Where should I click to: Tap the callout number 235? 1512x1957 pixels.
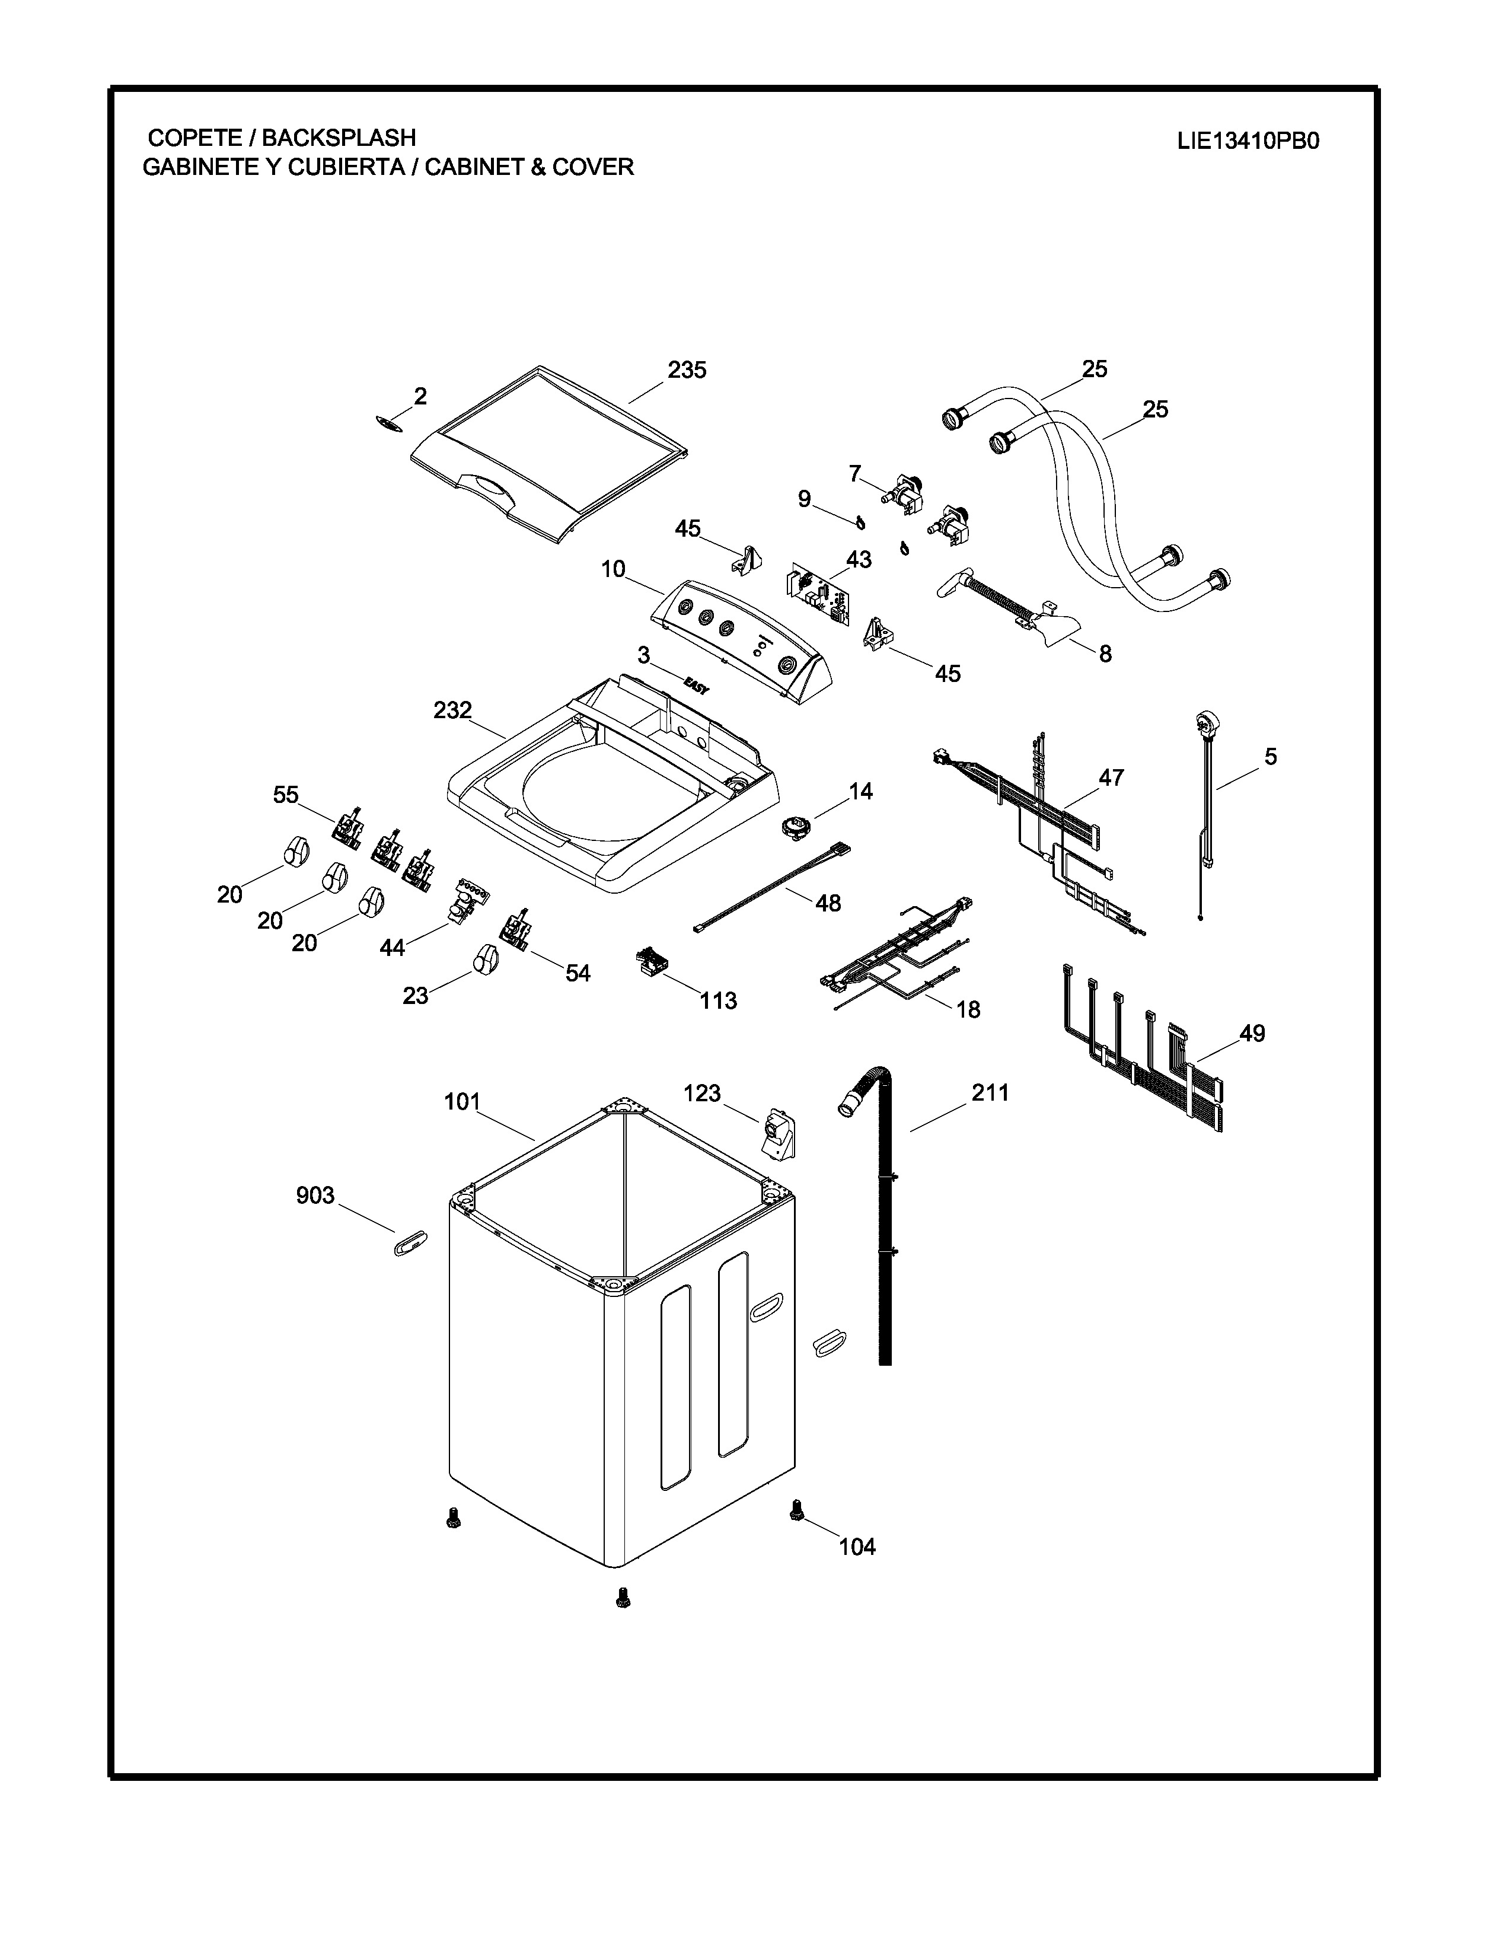[x=687, y=369]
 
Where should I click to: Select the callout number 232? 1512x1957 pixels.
[x=452, y=710]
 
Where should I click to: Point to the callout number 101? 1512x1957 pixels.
[x=462, y=1102]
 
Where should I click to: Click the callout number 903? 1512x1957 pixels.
[x=315, y=1196]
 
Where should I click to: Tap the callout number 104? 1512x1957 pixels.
[x=857, y=1547]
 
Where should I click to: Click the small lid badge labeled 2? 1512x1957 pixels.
[x=388, y=424]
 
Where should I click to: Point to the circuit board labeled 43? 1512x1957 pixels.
[x=818, y=597]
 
